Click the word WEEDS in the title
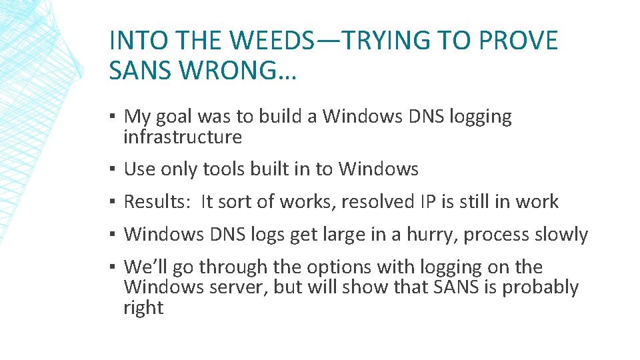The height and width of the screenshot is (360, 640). click(x=269, y=41)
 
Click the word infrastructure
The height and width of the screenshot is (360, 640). click(x=182, y=137)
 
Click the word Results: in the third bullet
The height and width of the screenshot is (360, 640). click(x=159, y=202)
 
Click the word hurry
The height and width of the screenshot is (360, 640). click(x=430, y=235)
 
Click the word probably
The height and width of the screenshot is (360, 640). click(x=540, y=287)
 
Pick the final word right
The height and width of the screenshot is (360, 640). click(x=143, y=308)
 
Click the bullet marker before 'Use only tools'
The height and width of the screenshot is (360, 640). click(x=114, y=169)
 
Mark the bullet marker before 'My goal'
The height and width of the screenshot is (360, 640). click(x=114, y=117)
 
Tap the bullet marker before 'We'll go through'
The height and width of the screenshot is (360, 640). click(x=114, y=267)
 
